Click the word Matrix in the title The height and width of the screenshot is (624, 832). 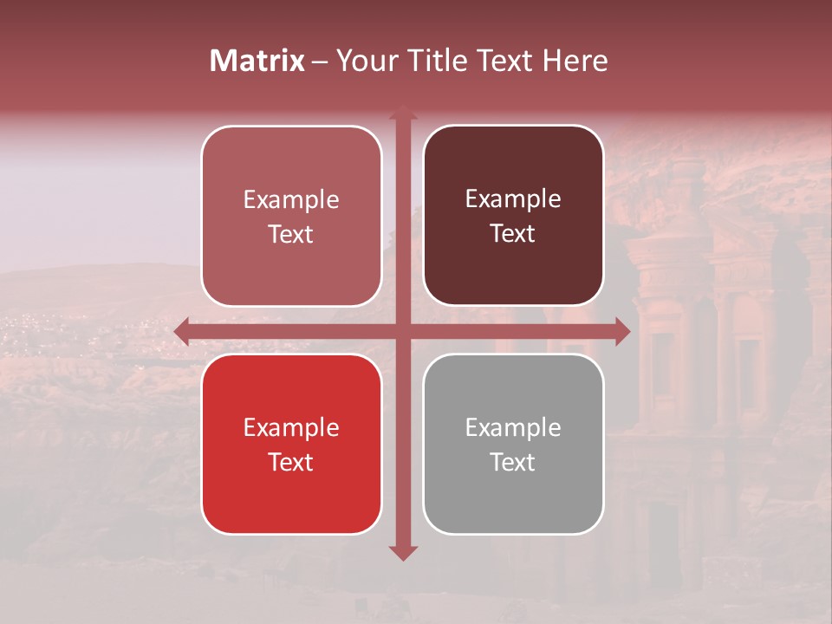pyautogui.click(x=257, y=61)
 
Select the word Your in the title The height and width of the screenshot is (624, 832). pyautogui.click(x=364, y=61)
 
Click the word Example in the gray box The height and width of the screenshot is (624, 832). pyautogui.click(x=513, y=427)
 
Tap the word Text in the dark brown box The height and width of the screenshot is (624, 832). pyautogui.click(x=513, y=234)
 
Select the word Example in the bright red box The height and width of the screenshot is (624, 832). pyautogui.click(x=291, y=427)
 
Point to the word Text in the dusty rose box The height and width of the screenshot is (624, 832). pyautogui.click(x=291, y=235)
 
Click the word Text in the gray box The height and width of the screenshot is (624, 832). pyautogui.click(x=513, y=462)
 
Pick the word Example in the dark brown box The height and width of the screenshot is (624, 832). pyautogui.click(x=513, y=199)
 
